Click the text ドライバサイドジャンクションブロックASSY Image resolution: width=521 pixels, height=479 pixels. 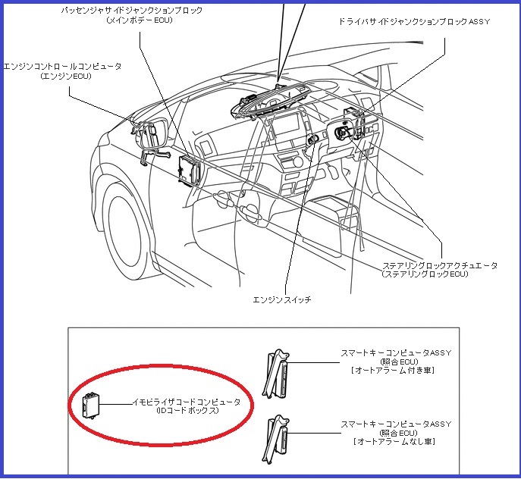pos(414,22)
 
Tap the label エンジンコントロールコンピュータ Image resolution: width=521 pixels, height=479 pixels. pos(62,67)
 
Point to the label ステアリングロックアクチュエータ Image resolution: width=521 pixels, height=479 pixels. pos(440,265)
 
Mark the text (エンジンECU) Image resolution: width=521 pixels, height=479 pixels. pos(62,77)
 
